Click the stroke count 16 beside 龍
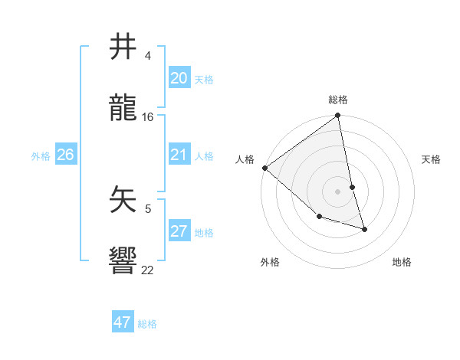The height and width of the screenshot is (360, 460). coord(148,117)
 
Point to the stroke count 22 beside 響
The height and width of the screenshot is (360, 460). coord(147,270)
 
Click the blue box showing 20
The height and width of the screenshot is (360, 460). coord(179,78)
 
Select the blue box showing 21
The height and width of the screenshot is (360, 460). coord(179,155)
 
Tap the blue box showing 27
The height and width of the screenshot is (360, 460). coord(179,231)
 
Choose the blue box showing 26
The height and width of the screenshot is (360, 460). coord(65,155)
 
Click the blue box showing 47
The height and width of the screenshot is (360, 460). coord(123,322)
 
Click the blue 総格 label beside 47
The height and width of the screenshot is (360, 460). coord(147,324)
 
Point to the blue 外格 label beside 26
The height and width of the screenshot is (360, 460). coord(41,155)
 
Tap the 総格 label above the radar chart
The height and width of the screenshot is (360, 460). coord(338,100)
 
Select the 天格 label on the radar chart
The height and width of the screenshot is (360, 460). coord(432,159)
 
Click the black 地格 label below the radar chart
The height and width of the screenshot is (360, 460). coord(402,262)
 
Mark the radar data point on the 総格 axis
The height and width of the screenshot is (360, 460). coord(338,116)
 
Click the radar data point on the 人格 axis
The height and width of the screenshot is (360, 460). coord(265,168)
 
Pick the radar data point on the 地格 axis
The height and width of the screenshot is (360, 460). coord(364,228)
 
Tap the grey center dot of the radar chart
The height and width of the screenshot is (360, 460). coord(338,191)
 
